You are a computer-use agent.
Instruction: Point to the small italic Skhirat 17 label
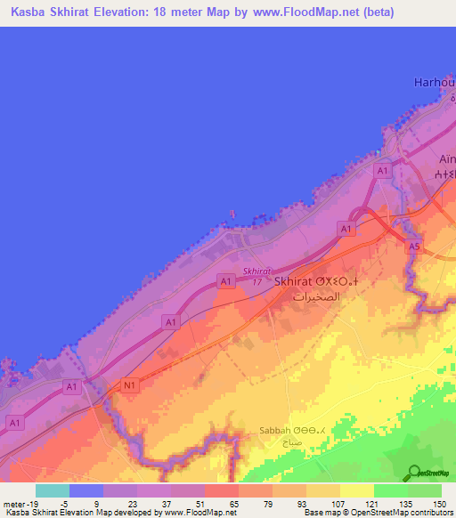coord(256,277)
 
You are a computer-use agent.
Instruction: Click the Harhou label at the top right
coord(435,82)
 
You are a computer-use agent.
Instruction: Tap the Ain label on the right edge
coord(445,159)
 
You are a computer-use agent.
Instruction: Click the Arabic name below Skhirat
coord(317,298)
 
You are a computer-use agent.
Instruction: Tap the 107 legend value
coord(338,503)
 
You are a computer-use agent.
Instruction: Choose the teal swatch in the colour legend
coord(52,490)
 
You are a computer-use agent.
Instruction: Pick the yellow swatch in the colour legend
coord(356,490)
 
